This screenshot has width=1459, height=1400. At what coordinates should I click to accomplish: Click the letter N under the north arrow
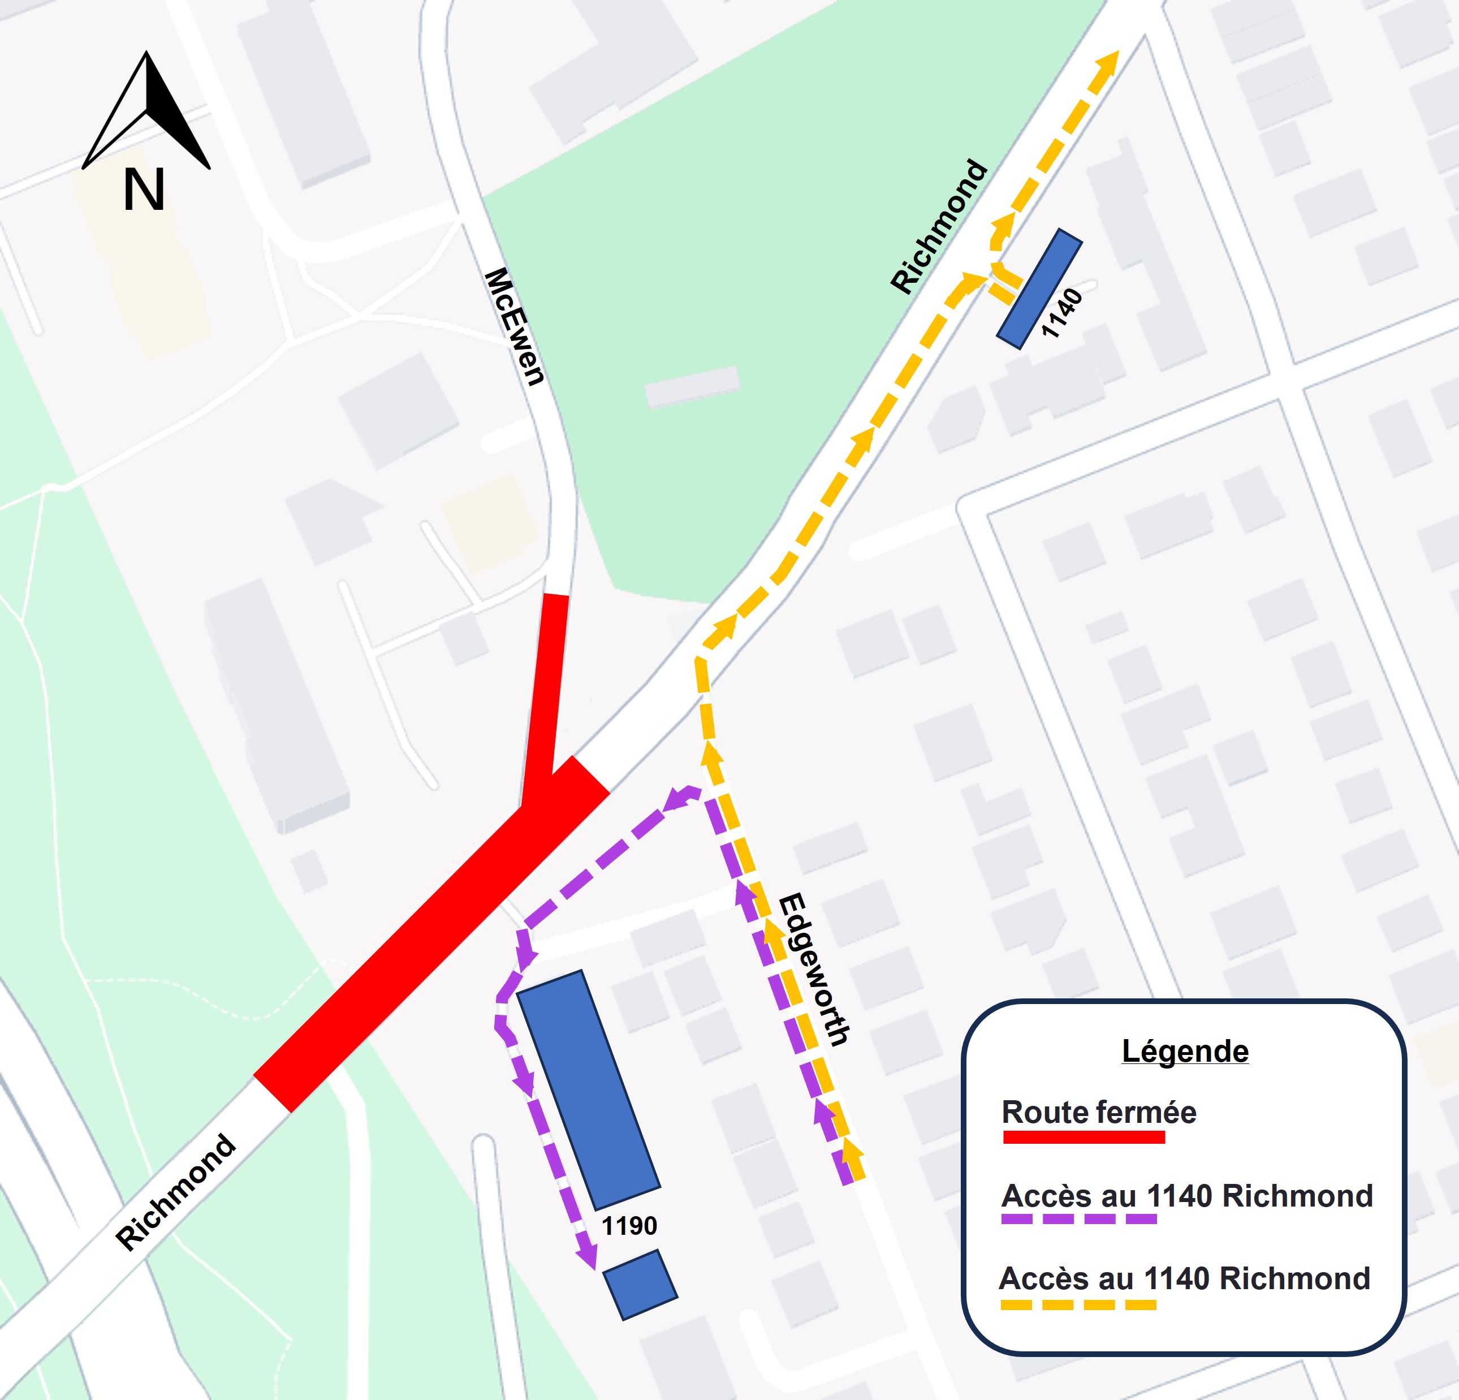(144, 191)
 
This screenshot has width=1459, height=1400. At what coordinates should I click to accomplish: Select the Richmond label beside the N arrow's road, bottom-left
(176, 1191)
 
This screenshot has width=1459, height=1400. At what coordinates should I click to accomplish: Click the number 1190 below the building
(629, 1225)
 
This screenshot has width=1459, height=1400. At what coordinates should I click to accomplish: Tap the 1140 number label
(1061, 313)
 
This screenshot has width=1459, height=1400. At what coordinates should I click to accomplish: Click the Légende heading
(1185, 1051)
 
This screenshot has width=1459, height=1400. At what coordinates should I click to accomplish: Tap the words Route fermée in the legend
(1099, 1112)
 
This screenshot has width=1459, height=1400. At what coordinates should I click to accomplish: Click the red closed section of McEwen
(547, 685)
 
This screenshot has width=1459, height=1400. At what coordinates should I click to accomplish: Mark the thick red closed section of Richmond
(431, 934)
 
